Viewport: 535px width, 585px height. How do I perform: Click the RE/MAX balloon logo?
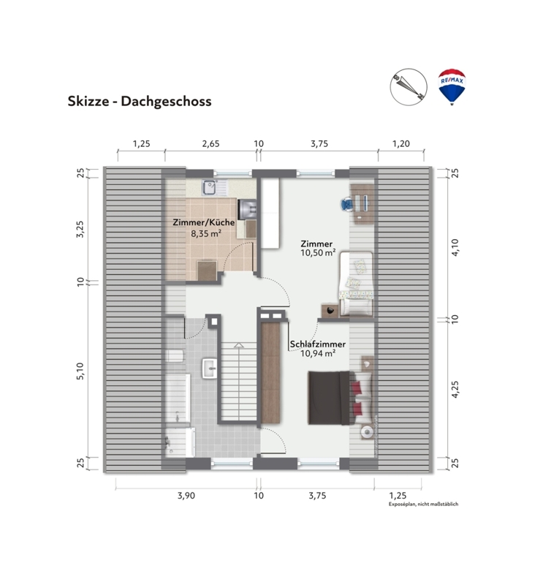(x=452, y=87)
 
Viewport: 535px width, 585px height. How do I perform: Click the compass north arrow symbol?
(x=409, y=87)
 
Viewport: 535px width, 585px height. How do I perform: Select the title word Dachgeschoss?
(x=166, y=102)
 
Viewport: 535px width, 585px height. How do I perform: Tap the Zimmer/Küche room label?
(x=204, y=223)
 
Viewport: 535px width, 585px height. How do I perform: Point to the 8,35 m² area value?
(x=206, y=234)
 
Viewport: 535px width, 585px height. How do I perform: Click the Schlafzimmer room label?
(x=318, y=344)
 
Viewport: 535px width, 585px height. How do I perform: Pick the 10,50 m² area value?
(x=318, y=253)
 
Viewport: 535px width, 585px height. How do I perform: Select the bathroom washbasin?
(x=210, y=369)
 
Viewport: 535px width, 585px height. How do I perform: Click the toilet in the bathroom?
(x=175, y=355)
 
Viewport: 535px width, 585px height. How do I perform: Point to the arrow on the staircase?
(x=238, y=345)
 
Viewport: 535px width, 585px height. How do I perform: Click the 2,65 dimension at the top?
(x=211, y=143)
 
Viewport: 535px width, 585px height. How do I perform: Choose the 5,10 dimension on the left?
(x=80, y=371)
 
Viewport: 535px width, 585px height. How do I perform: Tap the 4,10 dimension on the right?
(x=455, y=247)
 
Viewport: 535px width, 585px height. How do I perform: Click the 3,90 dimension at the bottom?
(x=186, y=496)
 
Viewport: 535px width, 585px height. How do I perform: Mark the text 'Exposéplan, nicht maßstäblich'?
(x=423, y=504)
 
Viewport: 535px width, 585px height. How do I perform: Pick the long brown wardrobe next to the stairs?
(x=270, y=372)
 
